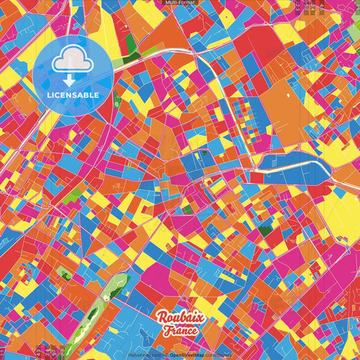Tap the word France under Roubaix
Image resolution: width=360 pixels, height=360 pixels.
[179, 331]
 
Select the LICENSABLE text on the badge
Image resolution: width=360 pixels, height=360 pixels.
[73, 95]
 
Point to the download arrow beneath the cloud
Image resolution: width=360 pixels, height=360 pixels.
[70, 80]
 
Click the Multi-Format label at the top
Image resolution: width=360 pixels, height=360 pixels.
[179, 3]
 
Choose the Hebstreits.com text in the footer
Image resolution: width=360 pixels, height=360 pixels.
[145, 355]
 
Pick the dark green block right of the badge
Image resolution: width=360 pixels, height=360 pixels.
[130, 45]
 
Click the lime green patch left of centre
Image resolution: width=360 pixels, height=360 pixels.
[72, 197]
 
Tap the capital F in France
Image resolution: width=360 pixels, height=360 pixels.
[165, 331]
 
